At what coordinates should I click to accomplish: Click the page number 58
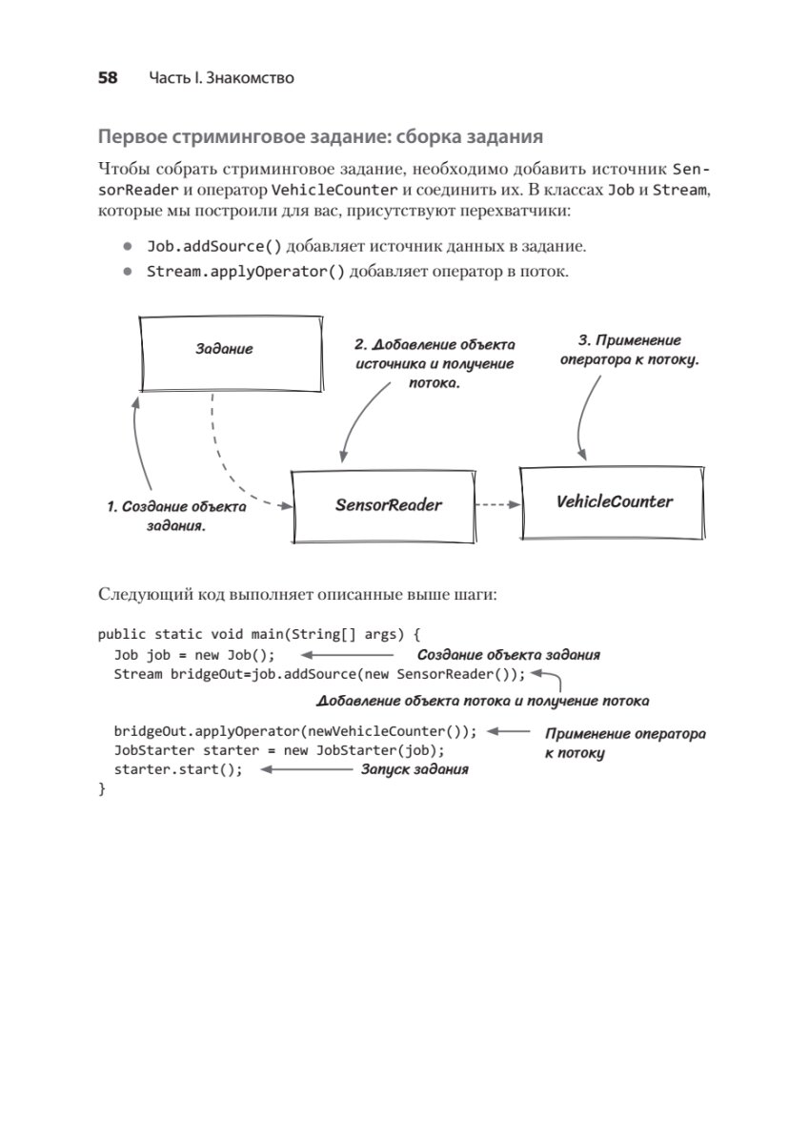108,78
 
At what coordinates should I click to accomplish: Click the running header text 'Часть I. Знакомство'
221,78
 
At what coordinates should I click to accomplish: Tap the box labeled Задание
225,350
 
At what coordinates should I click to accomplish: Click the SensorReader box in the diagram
383,505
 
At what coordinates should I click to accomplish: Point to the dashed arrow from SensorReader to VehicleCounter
496,505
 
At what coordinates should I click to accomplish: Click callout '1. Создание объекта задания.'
176,516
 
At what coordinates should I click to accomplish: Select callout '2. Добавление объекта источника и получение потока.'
435,363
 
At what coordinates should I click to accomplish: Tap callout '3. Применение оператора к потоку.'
630,350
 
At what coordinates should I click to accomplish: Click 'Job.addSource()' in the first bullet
214,246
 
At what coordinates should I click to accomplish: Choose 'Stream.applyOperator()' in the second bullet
246,272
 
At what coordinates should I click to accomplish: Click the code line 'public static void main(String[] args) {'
257,633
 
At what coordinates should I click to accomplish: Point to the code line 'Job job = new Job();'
194,655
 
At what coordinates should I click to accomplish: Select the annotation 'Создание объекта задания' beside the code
509,655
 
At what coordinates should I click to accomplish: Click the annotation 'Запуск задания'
414,768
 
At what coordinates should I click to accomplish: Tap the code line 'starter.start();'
178,769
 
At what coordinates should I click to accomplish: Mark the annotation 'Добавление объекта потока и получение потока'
483,701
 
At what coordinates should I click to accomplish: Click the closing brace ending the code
102,789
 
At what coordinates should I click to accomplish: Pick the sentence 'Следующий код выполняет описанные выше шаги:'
298,595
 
